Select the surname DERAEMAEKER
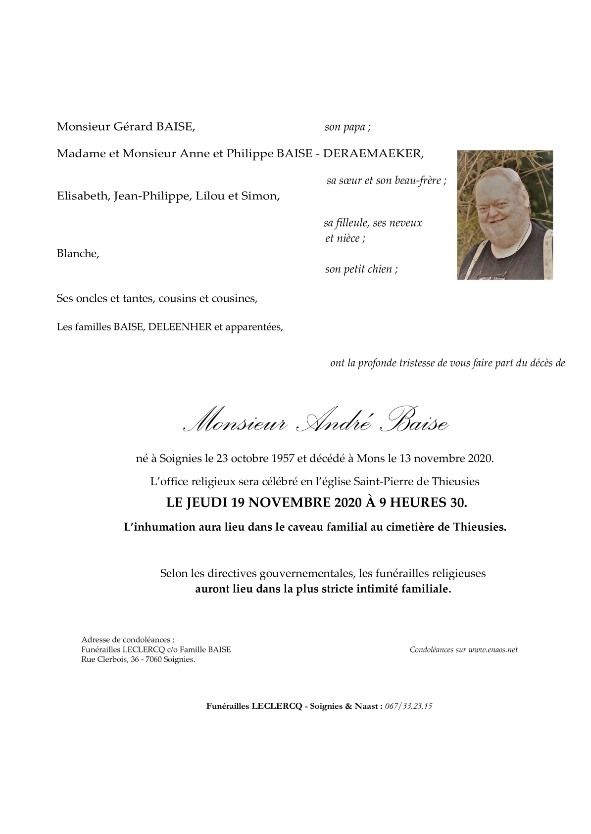click(x=373, y=153)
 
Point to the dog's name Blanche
click(x=78, y=254)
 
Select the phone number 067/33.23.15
click(x=409, y=706)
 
